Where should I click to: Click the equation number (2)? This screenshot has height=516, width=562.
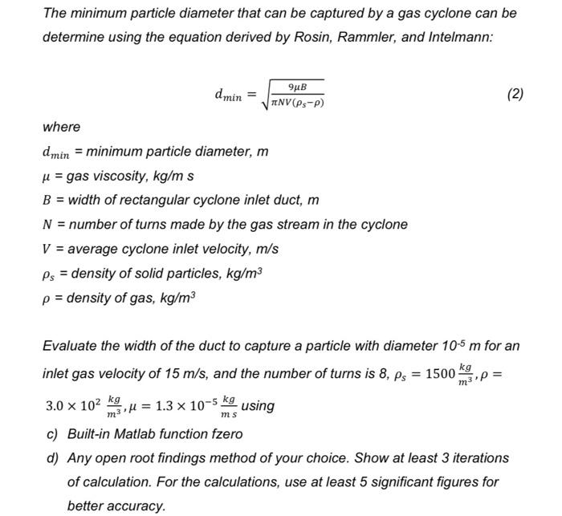point(515,95)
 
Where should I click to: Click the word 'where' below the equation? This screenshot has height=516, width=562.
point(62,127)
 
